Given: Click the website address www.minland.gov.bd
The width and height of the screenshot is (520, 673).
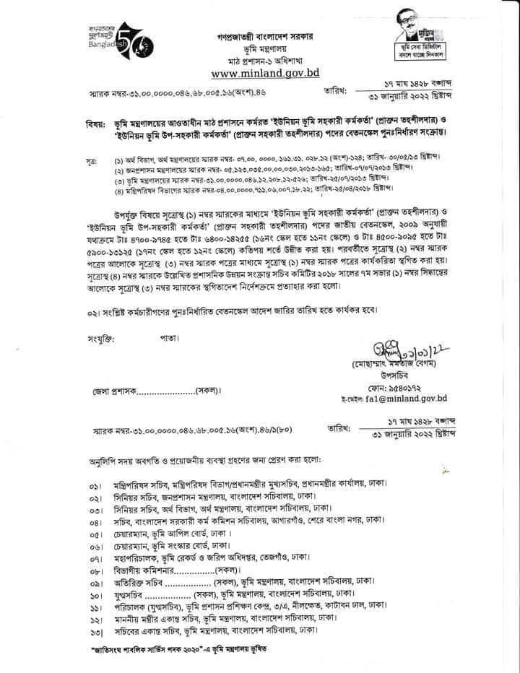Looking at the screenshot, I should coord(265,73).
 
